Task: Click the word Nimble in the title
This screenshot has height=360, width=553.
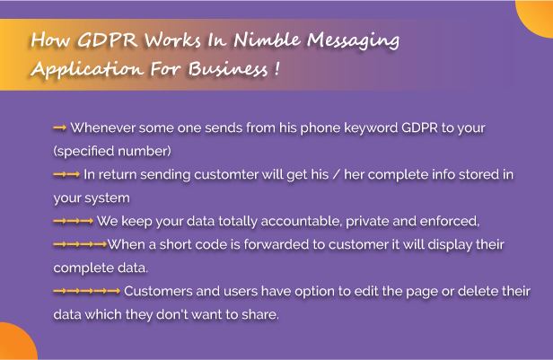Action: [x=268, y=40]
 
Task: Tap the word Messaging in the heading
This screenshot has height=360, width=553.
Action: [x=354, y=41]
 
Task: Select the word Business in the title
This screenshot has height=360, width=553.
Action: [x=228, y=68]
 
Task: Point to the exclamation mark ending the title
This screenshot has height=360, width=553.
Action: [x=276, y=68]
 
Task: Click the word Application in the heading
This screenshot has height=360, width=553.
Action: [x=87, y=69]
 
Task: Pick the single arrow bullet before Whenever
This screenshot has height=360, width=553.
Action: [x=59, y=127]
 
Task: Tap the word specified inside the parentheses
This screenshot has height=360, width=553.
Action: [x=85, y=152]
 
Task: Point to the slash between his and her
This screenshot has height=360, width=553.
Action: [x=337, y=174]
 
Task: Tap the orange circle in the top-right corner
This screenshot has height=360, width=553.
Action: [x=536, y=16]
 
